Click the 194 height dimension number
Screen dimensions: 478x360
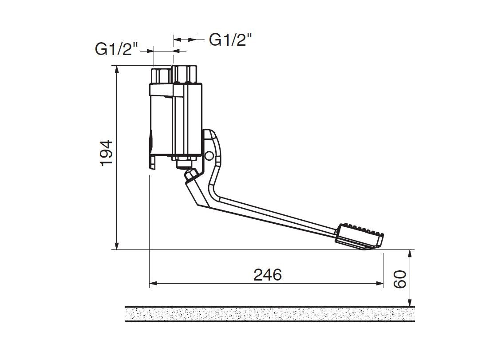(x=107, y=153)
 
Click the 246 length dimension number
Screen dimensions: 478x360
(x=268, y=275)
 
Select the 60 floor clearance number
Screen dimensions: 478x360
(x=399, y=279)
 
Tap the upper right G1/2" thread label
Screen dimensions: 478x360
(x=231, y=40)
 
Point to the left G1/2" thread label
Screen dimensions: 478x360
(x=117, y=49)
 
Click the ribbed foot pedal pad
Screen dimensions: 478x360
(x=359, y=237)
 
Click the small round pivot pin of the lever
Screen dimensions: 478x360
(x=209, y=156)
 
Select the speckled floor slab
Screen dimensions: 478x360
(x=270, y=314)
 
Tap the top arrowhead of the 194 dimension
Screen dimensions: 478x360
(x=117, y=69)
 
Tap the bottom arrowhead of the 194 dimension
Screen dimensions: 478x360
(x=117, y=246)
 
